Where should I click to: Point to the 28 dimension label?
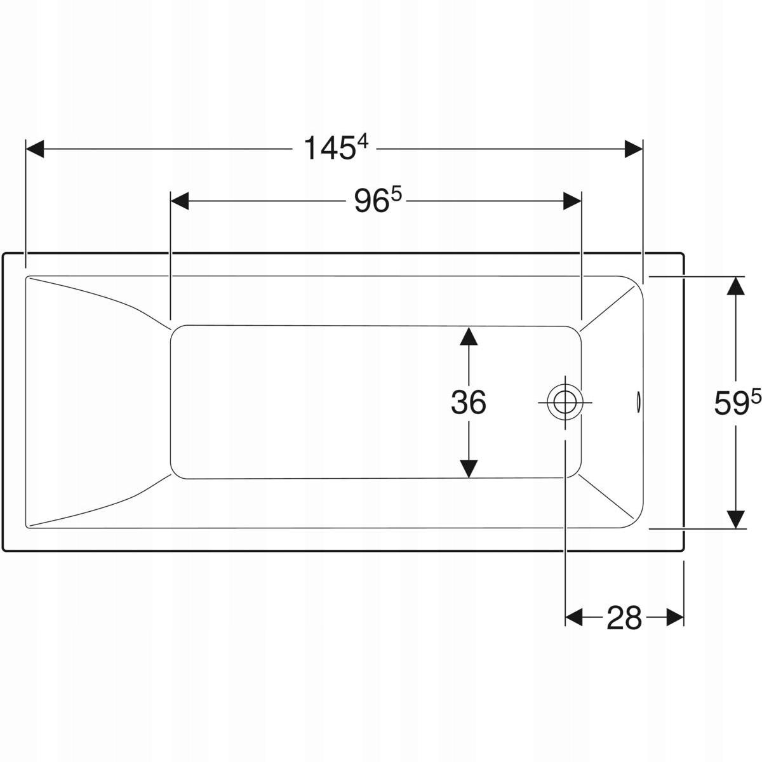[x=624, y=618]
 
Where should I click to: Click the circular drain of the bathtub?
[x=565, y=403]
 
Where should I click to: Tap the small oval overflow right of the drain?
[x=639, y=403]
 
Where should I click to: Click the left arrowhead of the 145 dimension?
[x=35, y=149]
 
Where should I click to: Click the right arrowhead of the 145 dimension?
[x=634, y=149]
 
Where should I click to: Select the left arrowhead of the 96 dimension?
[x=180, y=201]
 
